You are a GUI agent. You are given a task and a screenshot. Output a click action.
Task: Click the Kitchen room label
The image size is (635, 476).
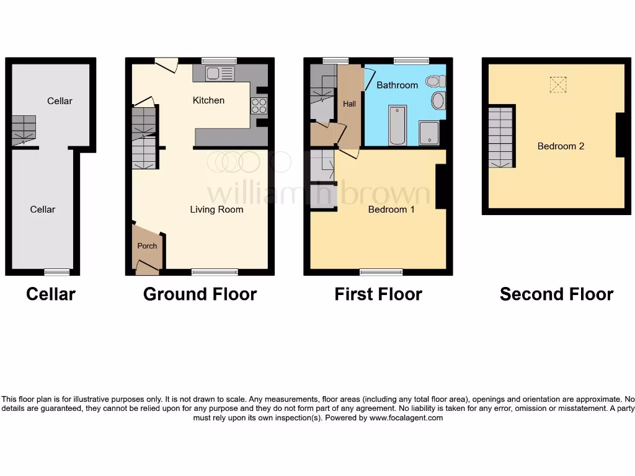coord(208,100)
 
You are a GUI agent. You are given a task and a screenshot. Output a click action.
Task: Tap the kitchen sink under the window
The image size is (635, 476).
coord(220,74)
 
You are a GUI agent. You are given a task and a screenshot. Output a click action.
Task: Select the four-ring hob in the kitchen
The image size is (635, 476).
coord(259,106)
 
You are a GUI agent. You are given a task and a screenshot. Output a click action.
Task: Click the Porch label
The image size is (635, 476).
coord(147,246)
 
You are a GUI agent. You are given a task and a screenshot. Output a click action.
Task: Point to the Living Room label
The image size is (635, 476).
coord(216,209)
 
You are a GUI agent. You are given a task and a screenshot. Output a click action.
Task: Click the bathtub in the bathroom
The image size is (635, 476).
coord(397,124)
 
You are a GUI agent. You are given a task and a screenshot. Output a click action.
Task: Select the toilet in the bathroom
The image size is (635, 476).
coord(435,81)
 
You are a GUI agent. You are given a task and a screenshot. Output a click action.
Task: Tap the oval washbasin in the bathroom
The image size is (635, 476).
coord(438,100)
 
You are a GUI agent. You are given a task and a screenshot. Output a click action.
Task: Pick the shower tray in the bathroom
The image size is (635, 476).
coord(429,133)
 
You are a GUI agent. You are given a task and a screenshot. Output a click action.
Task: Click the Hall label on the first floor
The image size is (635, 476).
coord(350,104)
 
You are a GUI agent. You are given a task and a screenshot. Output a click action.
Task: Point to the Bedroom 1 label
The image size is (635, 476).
coord(391,209)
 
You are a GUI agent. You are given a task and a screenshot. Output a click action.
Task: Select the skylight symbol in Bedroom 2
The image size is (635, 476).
coord(558,84)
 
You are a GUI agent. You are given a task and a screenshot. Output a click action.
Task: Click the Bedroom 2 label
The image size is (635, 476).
coord(561,146)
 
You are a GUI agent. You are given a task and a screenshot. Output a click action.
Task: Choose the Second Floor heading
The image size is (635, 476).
coord(556,294)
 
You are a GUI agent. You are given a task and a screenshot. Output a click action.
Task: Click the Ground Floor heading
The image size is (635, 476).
coord(200,294)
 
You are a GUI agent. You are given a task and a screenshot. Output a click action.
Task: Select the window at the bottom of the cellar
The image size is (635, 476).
coord(56,271)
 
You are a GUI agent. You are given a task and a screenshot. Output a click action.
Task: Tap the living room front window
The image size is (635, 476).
coord(215,271)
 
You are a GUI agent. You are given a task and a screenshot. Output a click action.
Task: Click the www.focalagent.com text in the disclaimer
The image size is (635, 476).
coord(406,418)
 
